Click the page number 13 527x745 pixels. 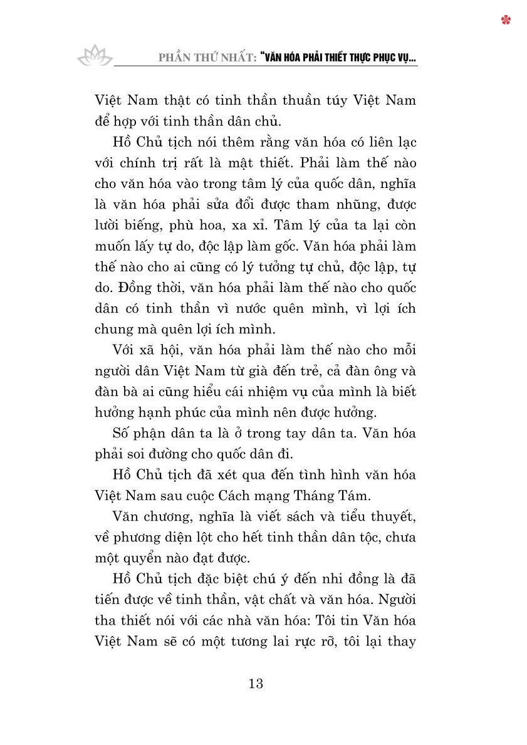coord(256,683)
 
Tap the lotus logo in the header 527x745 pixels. coord(95,56)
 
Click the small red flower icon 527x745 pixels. coord(506,20)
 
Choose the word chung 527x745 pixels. coord(115,330)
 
